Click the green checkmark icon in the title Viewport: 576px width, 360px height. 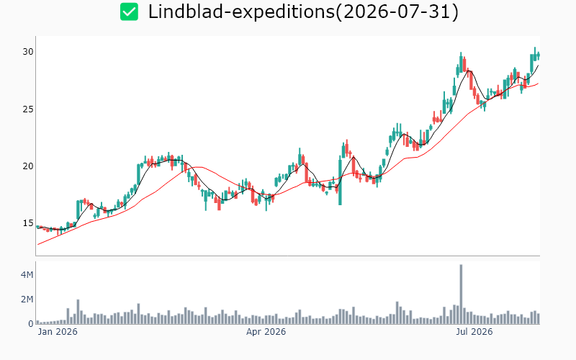pyautogui.click(x=130, y=12)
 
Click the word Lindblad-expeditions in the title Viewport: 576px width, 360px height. pyautogui.click(x=241, y=12)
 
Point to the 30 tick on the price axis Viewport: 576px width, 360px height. pyautogui.click(x=28, y=52)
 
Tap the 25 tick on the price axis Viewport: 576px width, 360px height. pyautogui.click(x=28, y=109)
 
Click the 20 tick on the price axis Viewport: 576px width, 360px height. pyautogui.click(x=28, y=166)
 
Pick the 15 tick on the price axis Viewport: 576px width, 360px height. pyautogui.click(x=28, y=223)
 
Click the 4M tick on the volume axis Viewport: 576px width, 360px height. pyautogui.click(x=27, y=275)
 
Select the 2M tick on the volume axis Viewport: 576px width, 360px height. pyautogui.click(x=27, y=300)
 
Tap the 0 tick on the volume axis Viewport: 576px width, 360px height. pyautogui.click(x=31, y=323)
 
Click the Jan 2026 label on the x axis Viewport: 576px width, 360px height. pyautogui.click(x=58, y=332)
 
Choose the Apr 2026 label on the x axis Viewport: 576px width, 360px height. pyautogui.click(x=266, y=332)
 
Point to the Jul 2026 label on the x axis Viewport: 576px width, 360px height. pyautogui.click(x=474, y=332)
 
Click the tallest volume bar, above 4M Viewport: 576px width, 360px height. pyautogui.click(x=461, y=294)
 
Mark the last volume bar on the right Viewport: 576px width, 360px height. pyautogui.click(x=538, y=318)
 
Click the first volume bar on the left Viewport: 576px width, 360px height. pyautogui.click(x=38, y=322)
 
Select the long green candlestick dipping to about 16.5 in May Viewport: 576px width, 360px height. pyautogui.click(x=340, y=180)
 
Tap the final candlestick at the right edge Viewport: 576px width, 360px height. pyautogui.click(x=539, y=56)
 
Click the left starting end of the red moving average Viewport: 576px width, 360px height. pyautogui.click(x=38, y=245)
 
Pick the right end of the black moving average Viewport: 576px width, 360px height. pyautogui.click(x=538, y=66)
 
